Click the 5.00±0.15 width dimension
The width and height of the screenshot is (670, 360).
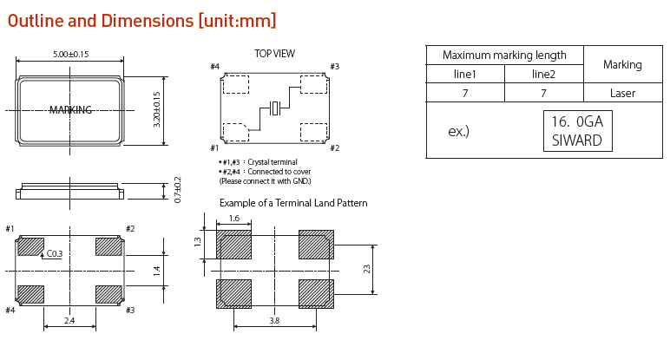tap(70, 55)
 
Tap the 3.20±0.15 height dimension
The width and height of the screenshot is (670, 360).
tap(157, 109)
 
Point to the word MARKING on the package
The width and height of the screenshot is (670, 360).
tap(70, 109)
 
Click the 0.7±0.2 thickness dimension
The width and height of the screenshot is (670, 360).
tap(178, 190)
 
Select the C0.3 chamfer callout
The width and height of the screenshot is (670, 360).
tap(55, 253)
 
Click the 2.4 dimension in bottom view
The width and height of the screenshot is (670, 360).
tap(69, 321)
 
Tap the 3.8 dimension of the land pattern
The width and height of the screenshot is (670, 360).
tap(273, 321)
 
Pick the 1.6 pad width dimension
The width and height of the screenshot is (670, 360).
tap(233, 219)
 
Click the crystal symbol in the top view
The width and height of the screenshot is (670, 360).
tap(275, 108)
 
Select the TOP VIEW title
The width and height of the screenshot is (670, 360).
tap(274, 54)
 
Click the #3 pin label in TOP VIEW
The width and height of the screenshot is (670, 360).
tap(334, 67)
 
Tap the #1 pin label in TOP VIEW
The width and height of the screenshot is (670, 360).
tap(214, 148)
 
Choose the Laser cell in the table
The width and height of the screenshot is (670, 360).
tap(622, 93)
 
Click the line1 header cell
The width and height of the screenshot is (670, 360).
tap(465, 74)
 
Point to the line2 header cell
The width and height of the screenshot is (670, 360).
tap(542, 74)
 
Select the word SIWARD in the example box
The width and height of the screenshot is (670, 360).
tap(576, 140)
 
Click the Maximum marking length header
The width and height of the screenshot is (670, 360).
tap(504, 55)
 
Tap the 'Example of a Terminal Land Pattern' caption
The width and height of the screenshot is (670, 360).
tap(293, 203)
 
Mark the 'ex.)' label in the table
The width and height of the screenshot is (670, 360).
tap(458, 132)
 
